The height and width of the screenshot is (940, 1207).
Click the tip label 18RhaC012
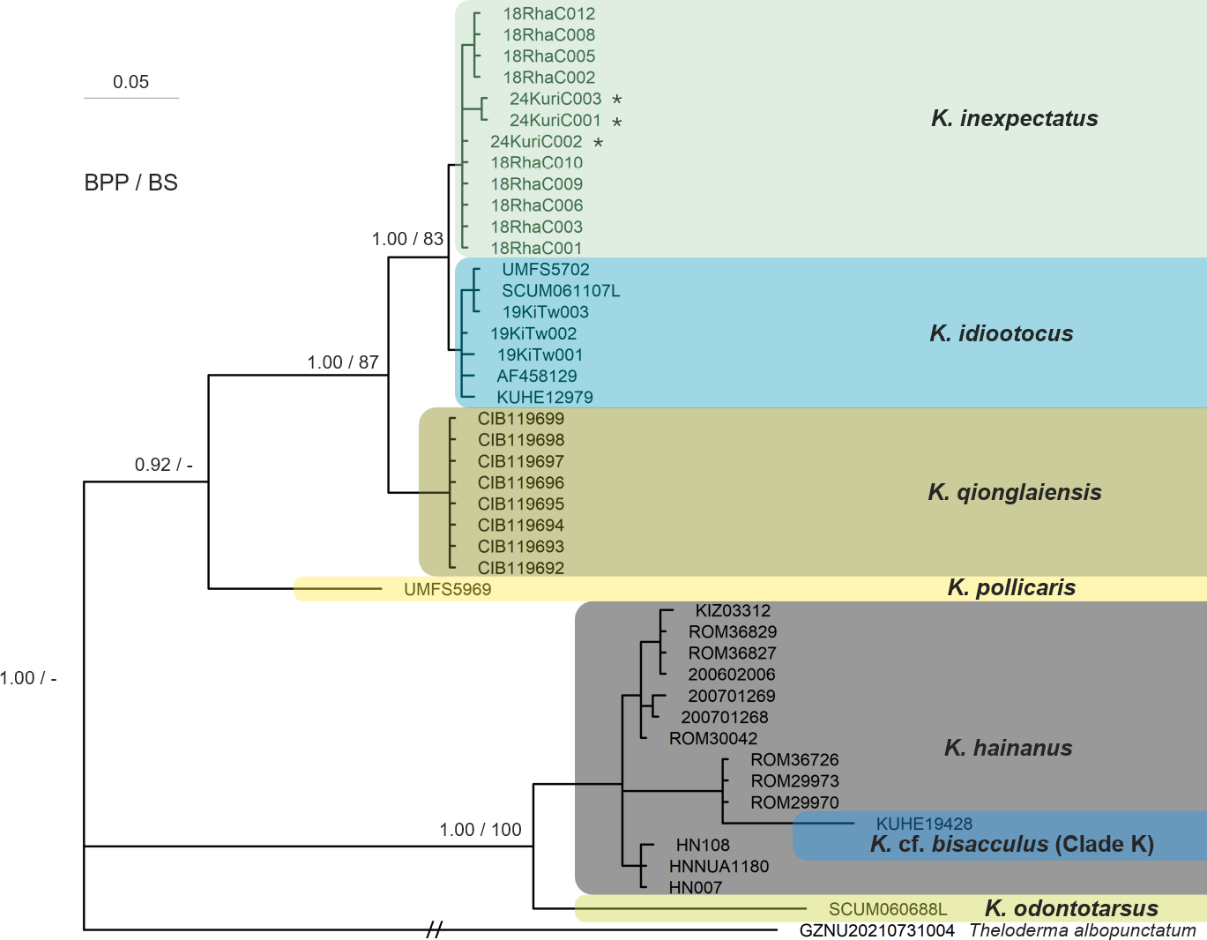pos(548,14)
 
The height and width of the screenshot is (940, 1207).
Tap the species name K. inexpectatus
pos(1014,118)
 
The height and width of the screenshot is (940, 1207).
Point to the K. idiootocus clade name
pos(1001,333)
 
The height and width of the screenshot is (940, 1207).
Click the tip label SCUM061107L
pos(561,291)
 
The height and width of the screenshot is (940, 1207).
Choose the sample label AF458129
pos(536,377)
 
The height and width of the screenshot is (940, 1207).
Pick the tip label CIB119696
pos(520,483)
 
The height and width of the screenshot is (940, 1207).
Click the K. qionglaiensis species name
pos(1014,492)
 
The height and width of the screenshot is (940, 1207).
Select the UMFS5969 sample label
pos(447,590)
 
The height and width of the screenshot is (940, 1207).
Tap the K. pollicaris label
pos(1011,588)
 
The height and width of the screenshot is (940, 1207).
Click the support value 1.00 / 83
pos(407,239)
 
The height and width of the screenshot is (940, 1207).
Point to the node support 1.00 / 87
pos(342,362)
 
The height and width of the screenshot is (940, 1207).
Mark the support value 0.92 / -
pos(163,465)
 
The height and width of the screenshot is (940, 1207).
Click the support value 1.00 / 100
pos(481,830)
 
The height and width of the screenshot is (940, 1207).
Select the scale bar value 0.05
pos(130,82)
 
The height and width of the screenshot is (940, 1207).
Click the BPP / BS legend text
pos(130,183)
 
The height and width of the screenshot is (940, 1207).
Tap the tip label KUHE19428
pos(924,824)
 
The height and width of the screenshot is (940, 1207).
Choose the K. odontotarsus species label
pos(1071,908)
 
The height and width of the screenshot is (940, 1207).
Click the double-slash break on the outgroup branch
pos(434,929)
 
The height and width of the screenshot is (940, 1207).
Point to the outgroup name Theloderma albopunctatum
pos(1082,930)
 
